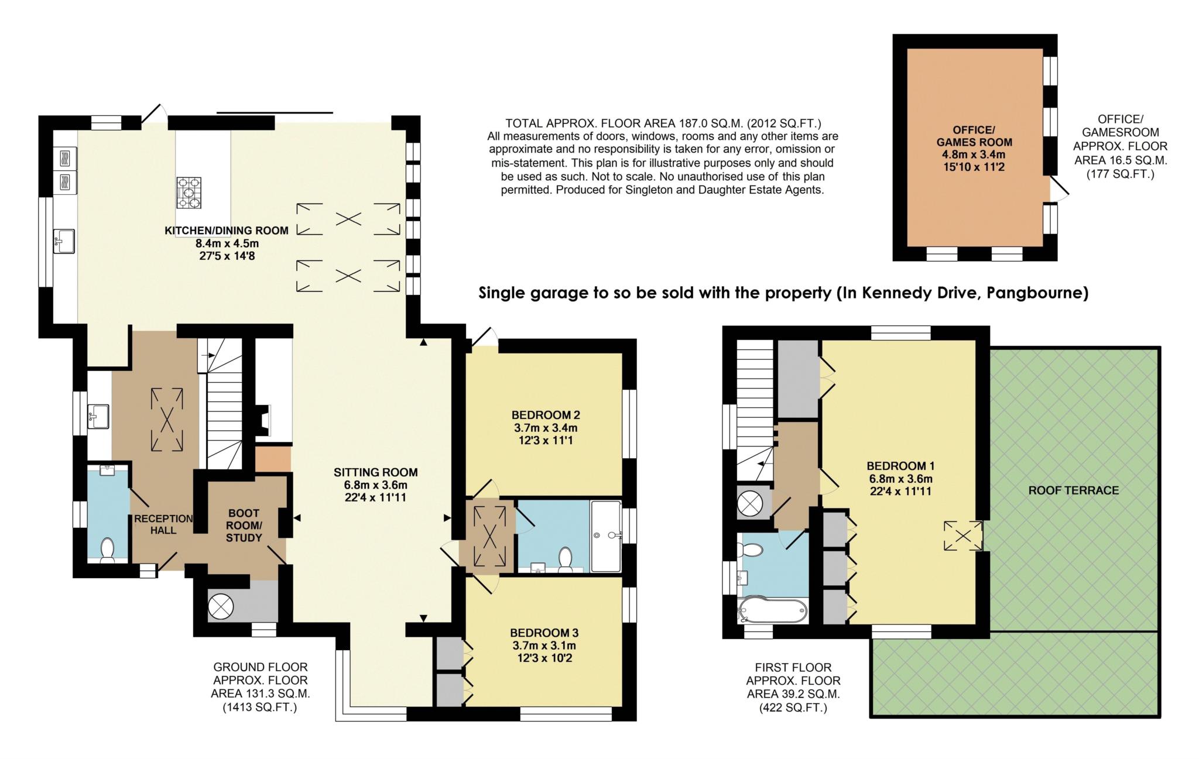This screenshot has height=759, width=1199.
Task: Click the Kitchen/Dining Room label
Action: (x=226, y=231)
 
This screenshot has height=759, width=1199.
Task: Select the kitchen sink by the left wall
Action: (x=64, y=241)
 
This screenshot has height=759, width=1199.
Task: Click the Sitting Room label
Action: (x=375, y=472)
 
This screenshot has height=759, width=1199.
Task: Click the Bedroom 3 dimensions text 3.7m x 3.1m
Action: (x=544, y=645)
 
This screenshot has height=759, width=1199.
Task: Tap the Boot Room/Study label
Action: (x=244, y=525)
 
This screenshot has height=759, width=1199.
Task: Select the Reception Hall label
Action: (x=163, y=524)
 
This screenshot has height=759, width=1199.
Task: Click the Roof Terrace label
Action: (x=1073, y=490)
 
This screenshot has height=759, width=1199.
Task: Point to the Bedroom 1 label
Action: (x=900, y=466)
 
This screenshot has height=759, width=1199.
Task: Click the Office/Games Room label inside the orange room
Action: (x=974, y=136)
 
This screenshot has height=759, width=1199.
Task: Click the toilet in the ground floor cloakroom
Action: (x=107, y=551)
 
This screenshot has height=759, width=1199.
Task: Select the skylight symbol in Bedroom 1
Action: (x=962, y=536)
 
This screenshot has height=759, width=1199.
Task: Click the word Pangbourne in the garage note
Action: (x=1037, y=293)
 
